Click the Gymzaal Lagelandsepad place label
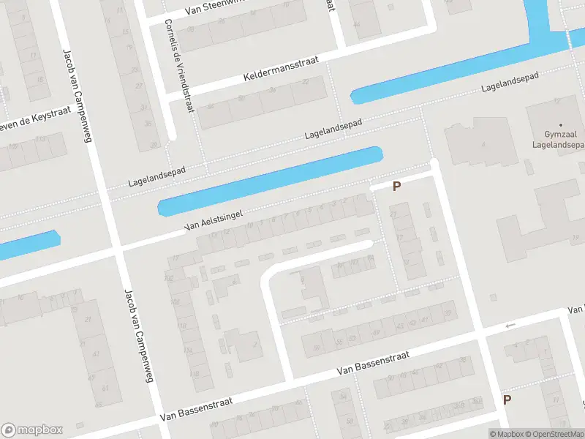click(x=561, y=139)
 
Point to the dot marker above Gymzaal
click(x=561, y=125)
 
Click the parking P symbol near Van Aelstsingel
click(x=397, y=187)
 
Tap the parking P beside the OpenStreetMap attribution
click(x=507, y=399)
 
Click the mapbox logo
click(x=32, y=429)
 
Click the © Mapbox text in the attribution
click(x=507, y=434)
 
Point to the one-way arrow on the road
click(x=510, y=325)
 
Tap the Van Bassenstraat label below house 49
click(x=373, y=361)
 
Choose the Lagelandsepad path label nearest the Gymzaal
click(x=510, y=82)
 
